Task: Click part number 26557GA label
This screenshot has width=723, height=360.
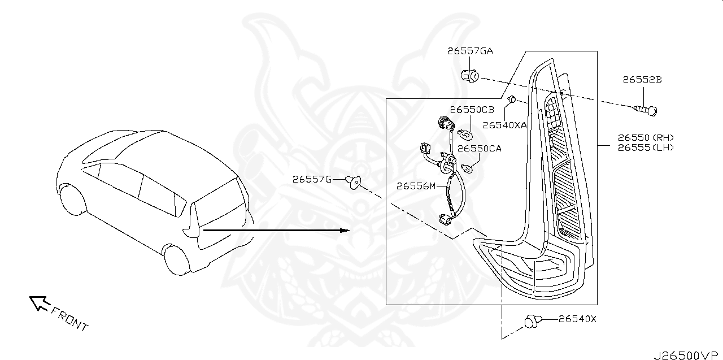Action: (470, 51)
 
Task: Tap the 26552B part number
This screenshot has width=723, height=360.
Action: (642, 80)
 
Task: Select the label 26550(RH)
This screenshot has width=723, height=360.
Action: (646, 137)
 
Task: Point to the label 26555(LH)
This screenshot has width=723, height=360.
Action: (646, 148)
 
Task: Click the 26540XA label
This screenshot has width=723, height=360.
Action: (504, 125)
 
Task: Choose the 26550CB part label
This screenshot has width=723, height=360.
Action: (472, 110)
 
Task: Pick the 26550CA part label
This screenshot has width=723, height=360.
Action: (479, 148)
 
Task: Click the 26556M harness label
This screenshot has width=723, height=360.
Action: (416, 185)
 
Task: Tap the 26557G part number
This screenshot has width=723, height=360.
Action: (312, 179)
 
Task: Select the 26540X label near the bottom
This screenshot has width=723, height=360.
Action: (577, 319)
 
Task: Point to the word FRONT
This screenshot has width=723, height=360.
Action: (69, 319)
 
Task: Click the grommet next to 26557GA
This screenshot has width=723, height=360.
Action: (469, 75)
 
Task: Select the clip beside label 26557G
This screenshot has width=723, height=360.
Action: (353, 182)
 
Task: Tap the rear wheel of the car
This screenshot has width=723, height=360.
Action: (176, 260)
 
